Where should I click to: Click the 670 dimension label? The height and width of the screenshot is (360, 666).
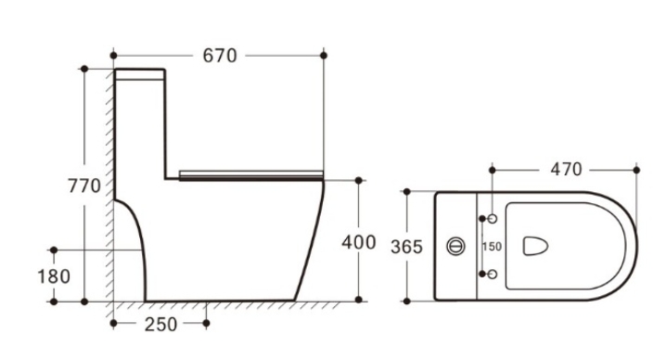(220, 56)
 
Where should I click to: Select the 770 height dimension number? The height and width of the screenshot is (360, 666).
(84, 186)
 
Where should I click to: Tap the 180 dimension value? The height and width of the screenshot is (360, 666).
(54, 276)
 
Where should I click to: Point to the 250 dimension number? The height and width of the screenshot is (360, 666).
(160, 325)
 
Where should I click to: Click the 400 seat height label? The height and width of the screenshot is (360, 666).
(359, 242)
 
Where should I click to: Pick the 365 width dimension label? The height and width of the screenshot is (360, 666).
(406, 247)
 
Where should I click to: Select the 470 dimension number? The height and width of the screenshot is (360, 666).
(566, 170)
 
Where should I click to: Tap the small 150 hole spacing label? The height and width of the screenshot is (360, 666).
(492, 247)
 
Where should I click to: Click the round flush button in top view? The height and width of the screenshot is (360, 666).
(456, 246)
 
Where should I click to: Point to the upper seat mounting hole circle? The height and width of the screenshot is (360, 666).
(493, 218)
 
